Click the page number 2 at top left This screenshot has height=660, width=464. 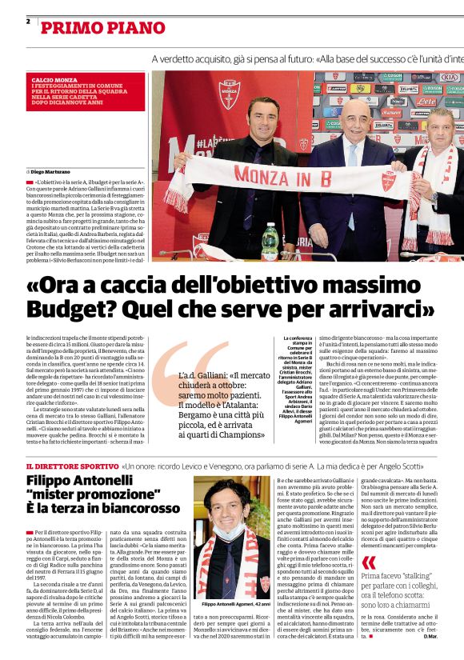28,21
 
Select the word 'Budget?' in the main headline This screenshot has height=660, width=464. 63,308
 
